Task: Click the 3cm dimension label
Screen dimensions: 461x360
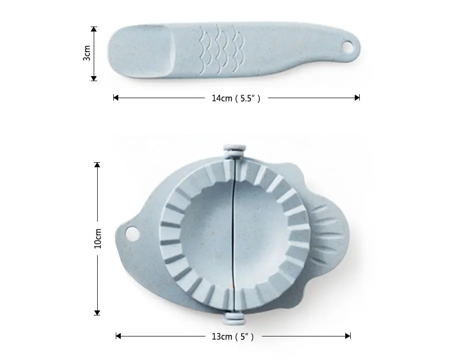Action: coord(87,53)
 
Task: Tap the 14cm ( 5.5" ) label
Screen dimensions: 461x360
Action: coord(236,98)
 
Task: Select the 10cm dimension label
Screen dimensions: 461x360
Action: coord(98,238)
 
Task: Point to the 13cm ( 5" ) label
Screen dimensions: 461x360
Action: coord(233,336)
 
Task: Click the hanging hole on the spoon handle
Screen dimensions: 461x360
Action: coord(348,47)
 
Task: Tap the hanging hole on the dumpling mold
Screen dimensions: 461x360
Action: coord(132,233)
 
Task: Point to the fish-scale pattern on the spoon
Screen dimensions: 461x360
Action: coord(221,49)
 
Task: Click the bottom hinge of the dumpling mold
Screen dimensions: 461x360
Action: coord(235,318)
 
